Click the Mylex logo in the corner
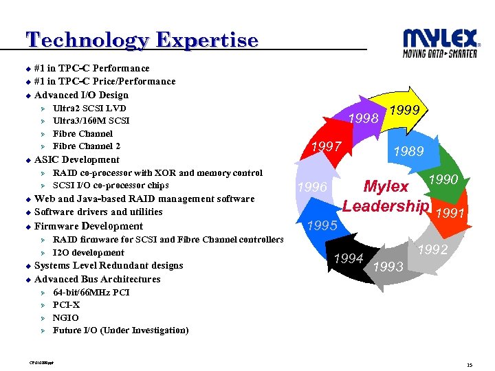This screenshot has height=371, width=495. pyautogui.click(x=440, y=43)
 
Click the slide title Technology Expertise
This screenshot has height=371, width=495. pyautogui.click(x=142, y=40)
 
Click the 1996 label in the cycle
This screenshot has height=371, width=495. pyautogui.click(x=312, y=188)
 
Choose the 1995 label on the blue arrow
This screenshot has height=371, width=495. pyautogui.click(x=322, y=225)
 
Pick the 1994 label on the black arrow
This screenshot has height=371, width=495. pyautogui.click(x=348, y=258)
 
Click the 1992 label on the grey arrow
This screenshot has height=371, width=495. pyautogui.click(x=433, y=250)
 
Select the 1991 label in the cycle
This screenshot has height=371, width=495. pyautogui.click(x=451, y=214)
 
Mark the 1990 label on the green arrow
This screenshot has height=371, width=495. pyautogui.click(x=444, y=179)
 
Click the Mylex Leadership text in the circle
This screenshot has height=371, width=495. pyautogui.click(x=386, y=196)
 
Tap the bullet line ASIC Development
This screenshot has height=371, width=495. pyautogui.click(x=76, y=160)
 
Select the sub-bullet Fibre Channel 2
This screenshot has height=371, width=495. pyautogui.click(x=87, y=146)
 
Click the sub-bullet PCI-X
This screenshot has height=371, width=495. pyautogui.click(x=66, y=305)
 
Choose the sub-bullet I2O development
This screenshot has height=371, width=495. pyautogui.click(x=89, y=253)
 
